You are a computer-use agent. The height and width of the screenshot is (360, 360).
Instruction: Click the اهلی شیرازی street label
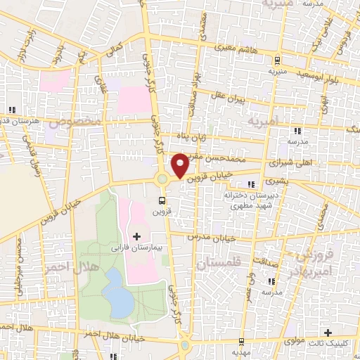click(x=289, y=162)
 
